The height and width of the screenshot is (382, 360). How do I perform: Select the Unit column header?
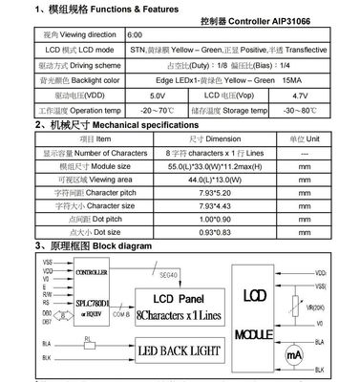click(303, 138)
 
